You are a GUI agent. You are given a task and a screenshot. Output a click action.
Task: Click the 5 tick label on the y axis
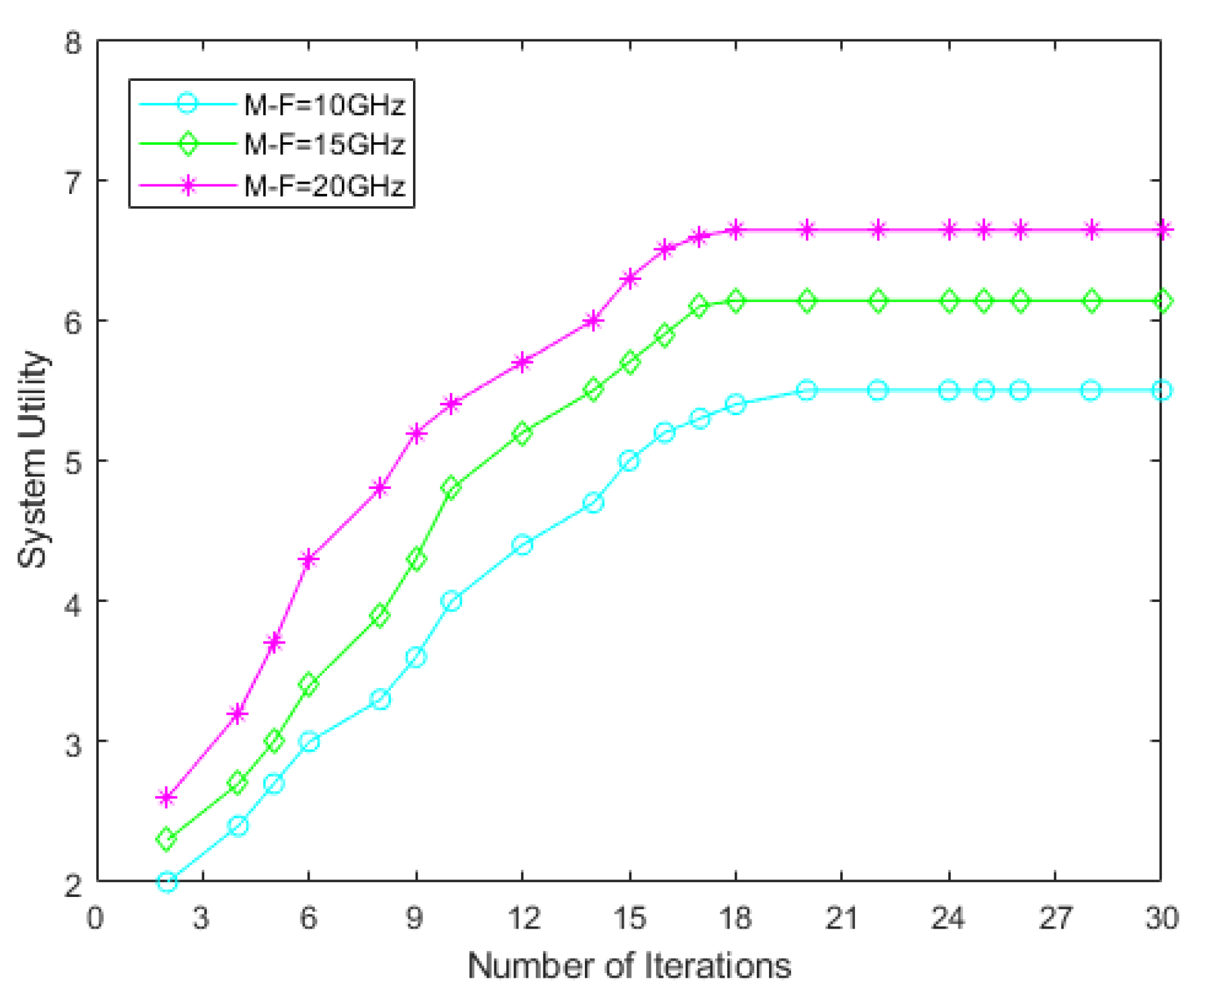pos(74,462)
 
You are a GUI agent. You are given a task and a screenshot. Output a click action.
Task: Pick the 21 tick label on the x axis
pos(841,919)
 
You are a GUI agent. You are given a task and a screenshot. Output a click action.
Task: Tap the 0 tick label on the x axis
pos(96,919)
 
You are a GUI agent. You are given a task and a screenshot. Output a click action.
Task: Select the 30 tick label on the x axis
pos(1161,919)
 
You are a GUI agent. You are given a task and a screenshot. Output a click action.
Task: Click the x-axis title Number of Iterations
pos(629,967)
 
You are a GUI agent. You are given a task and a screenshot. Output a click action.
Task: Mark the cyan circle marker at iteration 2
pos(167,882)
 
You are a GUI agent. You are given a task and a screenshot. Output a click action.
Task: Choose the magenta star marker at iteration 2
pos(167,798)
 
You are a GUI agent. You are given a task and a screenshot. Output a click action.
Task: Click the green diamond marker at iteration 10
pos(452,488)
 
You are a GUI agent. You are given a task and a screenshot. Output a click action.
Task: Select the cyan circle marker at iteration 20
pos(807,391)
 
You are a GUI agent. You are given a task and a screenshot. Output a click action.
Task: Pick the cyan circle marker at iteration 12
pos(522,545)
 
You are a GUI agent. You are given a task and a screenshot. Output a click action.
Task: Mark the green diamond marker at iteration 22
pos(878,301)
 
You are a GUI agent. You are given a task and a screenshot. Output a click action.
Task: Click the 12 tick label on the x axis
pos(522,919)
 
